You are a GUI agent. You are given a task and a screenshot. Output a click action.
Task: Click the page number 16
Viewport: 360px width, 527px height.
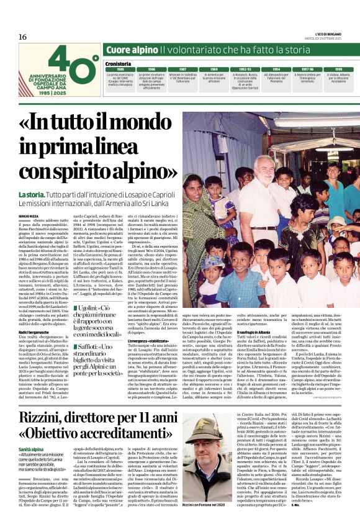22,37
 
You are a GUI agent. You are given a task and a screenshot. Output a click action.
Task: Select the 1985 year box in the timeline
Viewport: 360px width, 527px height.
120,69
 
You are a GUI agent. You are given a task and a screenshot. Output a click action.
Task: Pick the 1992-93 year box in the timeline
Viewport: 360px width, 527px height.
245,69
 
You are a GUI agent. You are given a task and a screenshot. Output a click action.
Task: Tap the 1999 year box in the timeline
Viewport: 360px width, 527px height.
339,69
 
